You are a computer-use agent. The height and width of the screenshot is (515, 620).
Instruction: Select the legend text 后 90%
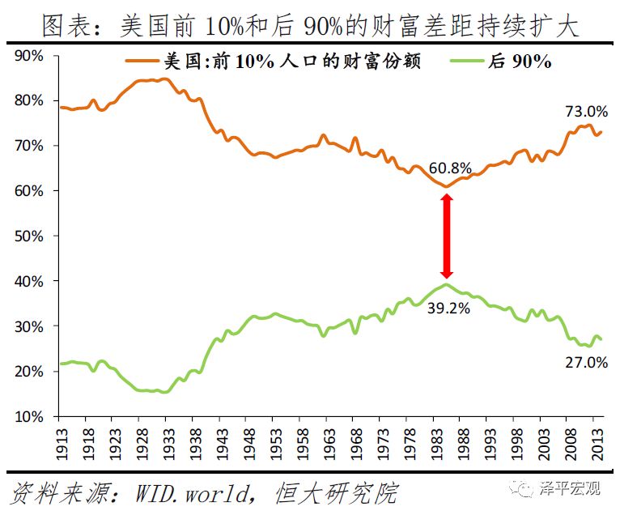coord(518,62)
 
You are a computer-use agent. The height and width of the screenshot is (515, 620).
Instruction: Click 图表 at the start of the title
coord(66,27)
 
